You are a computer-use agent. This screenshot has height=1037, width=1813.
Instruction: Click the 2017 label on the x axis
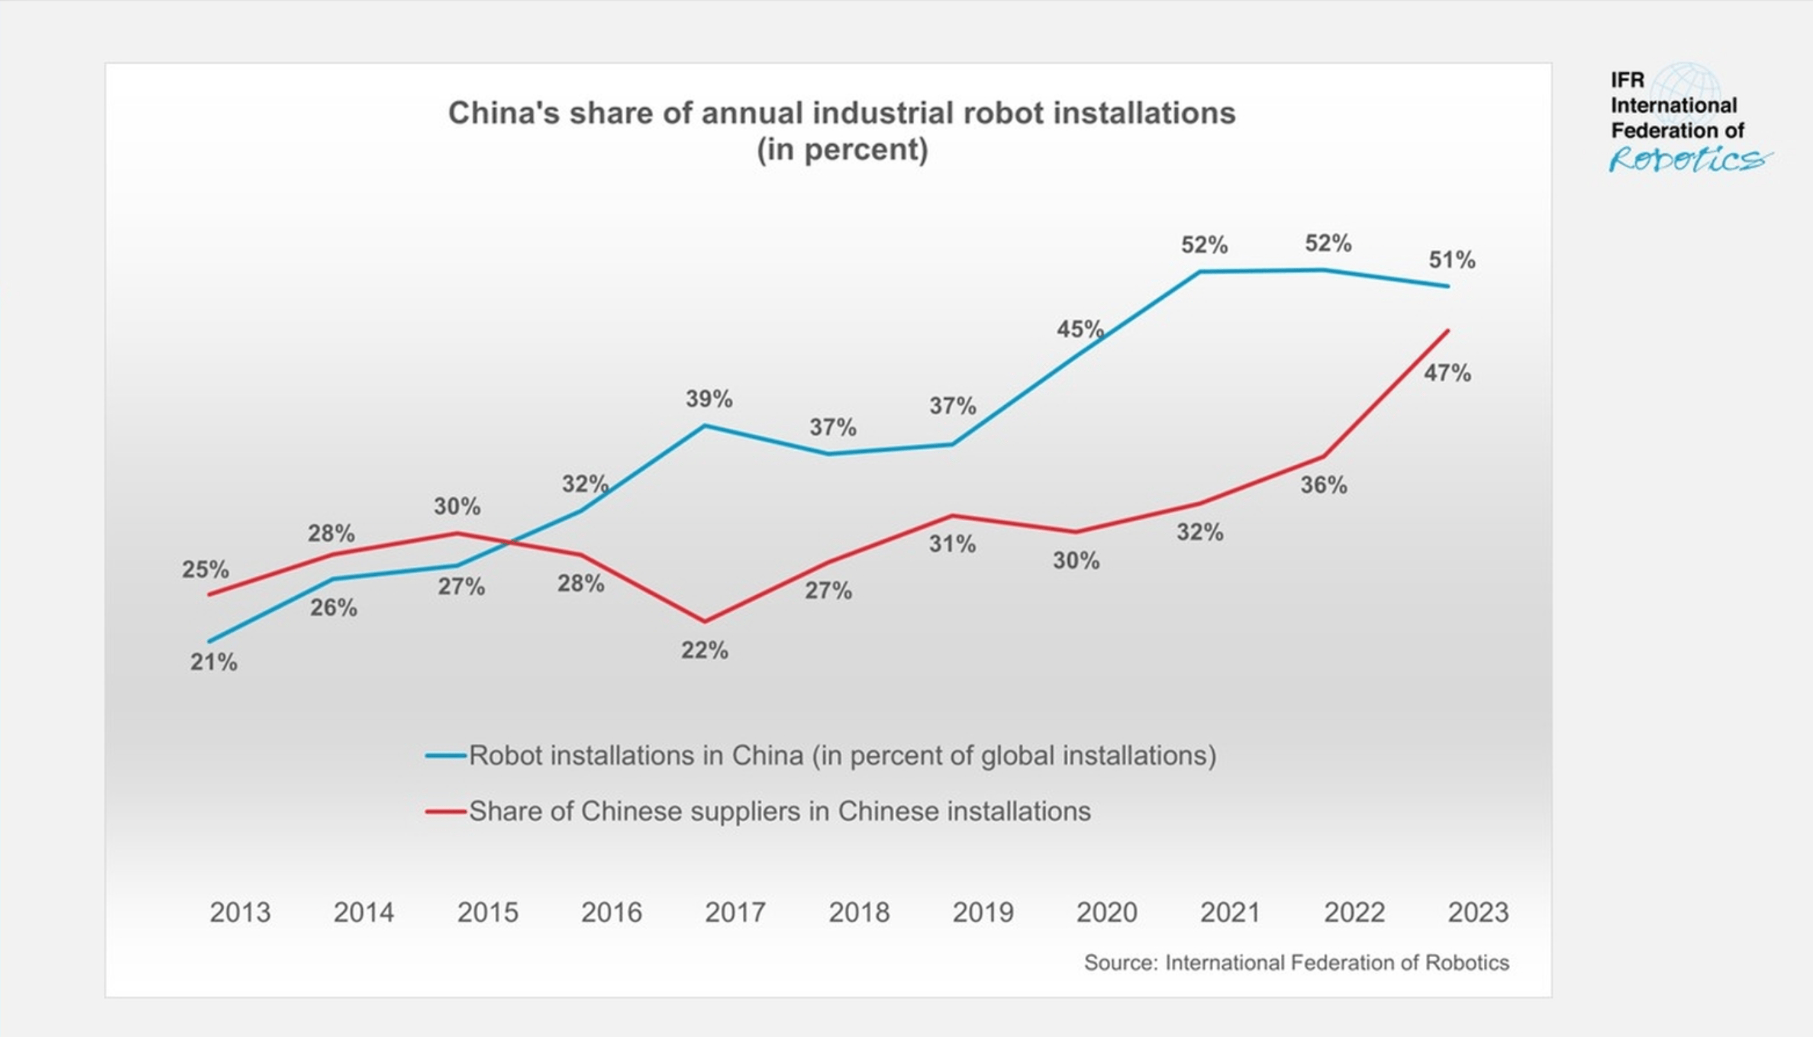pos(735,912)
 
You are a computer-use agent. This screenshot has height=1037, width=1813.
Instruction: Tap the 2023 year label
pos(1478,912)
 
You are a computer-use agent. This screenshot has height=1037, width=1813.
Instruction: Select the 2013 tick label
pos(240,912)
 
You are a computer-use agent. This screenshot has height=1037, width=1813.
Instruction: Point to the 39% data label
pos(709,399)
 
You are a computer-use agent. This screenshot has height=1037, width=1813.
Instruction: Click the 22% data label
pos(705,651)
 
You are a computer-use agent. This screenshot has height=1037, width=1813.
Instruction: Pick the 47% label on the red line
pos(1448,372)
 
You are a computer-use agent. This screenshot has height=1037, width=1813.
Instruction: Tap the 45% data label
pos(1080,329)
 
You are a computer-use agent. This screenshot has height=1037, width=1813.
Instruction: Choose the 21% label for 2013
pos(214,662)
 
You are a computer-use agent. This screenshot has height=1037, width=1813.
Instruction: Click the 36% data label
pos(1323,485)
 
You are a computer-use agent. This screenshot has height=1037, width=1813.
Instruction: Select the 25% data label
pos(205,569)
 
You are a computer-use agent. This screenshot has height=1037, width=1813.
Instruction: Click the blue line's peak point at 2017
pos(705,426)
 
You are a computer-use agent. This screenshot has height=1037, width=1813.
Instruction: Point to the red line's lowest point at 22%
pos(705,621)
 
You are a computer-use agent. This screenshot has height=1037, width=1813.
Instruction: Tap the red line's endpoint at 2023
pos(1448,330)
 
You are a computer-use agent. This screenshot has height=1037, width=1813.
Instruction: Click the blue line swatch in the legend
pos(445,756)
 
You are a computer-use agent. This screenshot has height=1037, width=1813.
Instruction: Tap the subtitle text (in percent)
pos(842,150)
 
